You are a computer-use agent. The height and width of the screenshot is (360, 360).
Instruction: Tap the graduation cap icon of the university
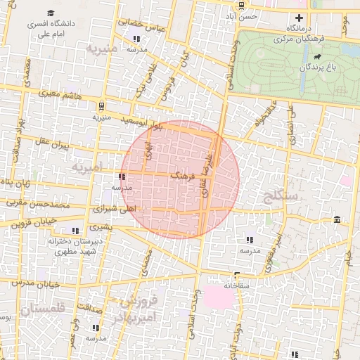click(51, 13)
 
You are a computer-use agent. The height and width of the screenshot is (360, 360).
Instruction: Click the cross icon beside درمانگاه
click(300, 18)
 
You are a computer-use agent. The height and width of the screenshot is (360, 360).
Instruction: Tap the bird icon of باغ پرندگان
click(318, 56)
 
